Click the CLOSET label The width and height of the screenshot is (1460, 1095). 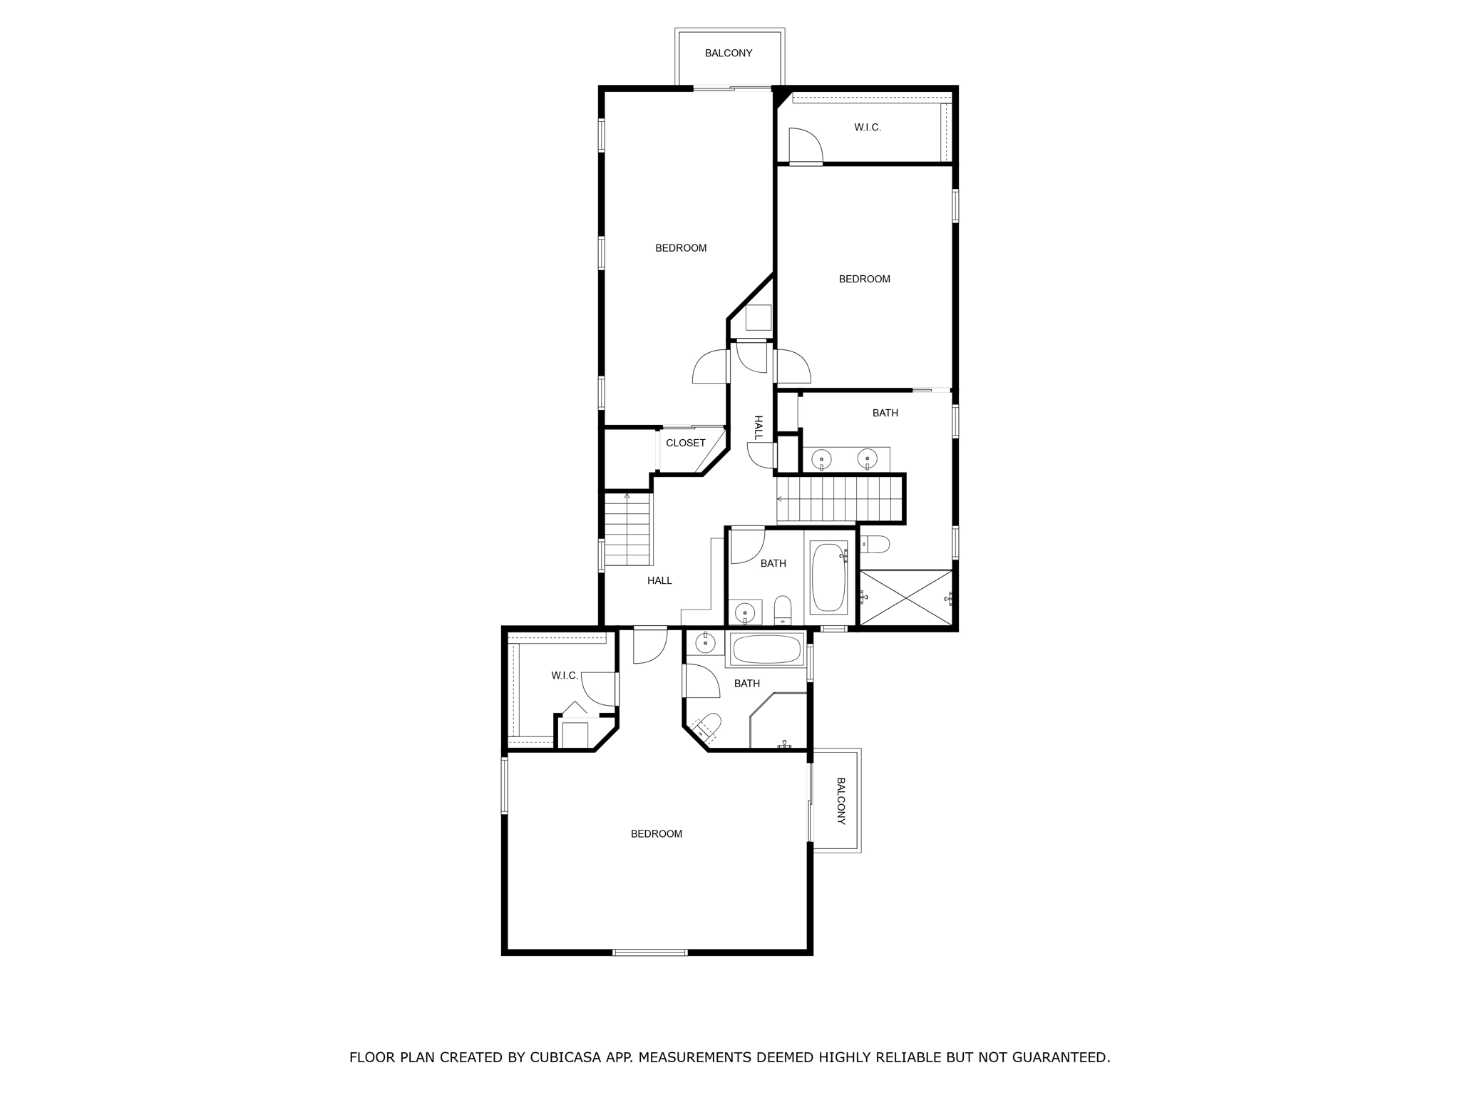(x=685, y=443)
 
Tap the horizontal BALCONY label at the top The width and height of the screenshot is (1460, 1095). (x=729, y=53)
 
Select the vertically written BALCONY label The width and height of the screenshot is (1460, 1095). (x=841, y=801)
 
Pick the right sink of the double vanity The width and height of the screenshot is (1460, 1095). (x=866, y=458)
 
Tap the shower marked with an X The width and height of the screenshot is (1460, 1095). (x=905, y=597)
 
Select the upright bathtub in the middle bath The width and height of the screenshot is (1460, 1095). (x=828, y=577)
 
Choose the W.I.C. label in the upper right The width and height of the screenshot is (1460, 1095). (x=868, y=128)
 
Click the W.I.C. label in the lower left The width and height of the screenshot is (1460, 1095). (x=565, y=675)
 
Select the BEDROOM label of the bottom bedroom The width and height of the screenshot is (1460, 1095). (x=656, y=833)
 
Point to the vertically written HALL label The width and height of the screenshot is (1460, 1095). (x=759, y=427)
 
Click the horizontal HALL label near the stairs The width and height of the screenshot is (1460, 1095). (x=659, y=580)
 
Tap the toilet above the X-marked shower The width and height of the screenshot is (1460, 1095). (x=875, y=545)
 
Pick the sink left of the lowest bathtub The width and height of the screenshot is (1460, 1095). (x=705, y=643)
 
